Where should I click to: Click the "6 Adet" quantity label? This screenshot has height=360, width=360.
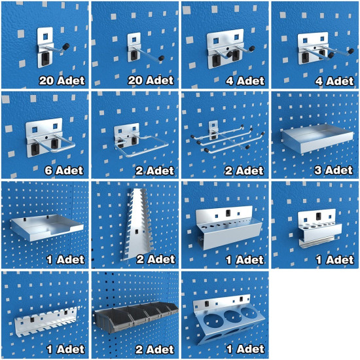64,170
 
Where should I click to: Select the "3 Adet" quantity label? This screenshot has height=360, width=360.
333,170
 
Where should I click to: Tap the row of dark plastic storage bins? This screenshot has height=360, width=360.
136,317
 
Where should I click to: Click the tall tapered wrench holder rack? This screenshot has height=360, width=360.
137,224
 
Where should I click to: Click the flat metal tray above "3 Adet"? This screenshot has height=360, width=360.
317,139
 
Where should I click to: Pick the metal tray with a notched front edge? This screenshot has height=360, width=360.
46,227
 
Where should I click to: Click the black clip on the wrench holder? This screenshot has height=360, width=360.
137,232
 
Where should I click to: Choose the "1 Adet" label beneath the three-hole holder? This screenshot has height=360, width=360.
245,350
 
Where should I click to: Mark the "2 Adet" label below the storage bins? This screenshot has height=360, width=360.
154,350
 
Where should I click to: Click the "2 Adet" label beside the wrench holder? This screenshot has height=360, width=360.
156,259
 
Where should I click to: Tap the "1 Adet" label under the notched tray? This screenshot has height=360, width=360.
65,259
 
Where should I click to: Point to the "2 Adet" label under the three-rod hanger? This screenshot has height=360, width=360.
244,171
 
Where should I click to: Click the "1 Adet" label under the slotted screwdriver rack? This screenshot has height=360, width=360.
65,350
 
